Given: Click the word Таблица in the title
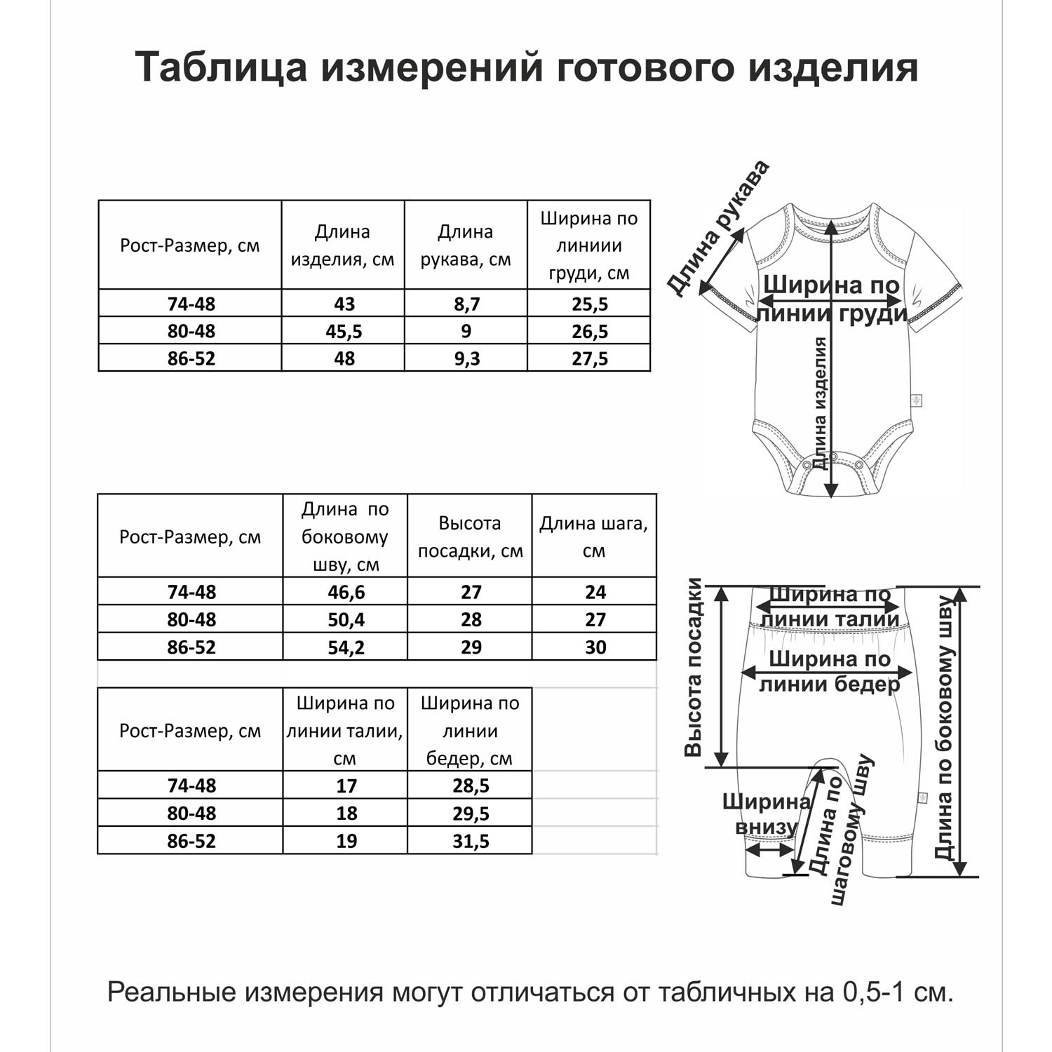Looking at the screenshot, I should coord(221,67).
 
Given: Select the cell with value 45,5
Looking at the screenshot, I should coord(344,331).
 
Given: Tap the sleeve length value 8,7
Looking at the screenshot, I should coord(466,304).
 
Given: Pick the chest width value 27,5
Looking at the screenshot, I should coord(589,358).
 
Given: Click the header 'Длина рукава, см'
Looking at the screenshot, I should coord(466,245).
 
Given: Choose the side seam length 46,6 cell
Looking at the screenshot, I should coord(346,592).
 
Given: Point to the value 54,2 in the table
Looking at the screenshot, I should coord(346,647).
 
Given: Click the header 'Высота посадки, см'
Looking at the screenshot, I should coord(470,537).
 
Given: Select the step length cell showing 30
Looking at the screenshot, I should coord(595,647).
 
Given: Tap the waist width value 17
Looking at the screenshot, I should coord(346,785).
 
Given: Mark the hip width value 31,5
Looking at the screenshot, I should coord(470,841).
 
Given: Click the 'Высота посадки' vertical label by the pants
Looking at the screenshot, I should coord(693,667).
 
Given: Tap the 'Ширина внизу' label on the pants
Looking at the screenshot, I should coord(766,814).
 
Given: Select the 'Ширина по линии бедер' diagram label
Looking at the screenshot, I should coord(829,671).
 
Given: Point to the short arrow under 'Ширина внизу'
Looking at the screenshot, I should coord(769,850).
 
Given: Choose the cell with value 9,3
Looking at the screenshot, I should coord(466,358).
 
